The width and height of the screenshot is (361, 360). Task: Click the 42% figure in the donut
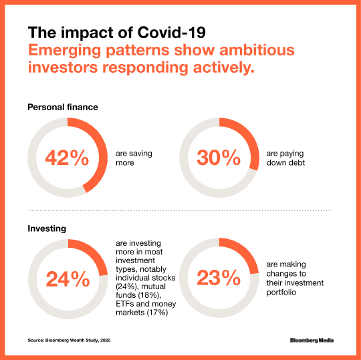[67, 158]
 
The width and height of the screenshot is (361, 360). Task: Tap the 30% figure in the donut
[219, 158]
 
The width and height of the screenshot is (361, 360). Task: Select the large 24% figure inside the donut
[67, 278]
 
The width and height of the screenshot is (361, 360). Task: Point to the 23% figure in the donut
[219, 278]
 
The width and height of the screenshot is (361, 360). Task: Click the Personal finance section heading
[63, 106]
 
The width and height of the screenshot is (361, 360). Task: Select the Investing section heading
[46, 228]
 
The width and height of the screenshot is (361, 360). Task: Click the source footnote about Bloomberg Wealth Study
[69, 341]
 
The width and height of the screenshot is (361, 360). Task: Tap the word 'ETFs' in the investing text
[124, 301]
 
